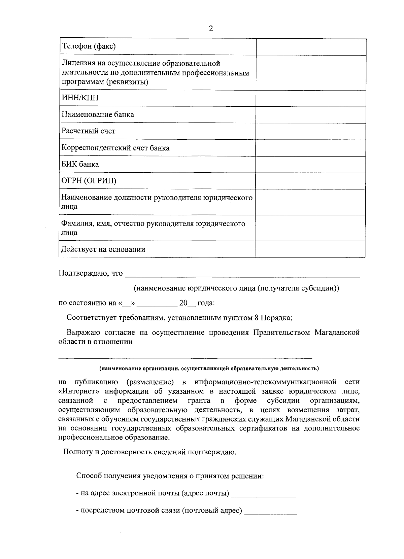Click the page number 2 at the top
coord(211,28)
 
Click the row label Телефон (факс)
coord(89,46)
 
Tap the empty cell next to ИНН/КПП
coord(310,98)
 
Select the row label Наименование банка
coord(98,114)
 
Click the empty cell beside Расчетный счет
coord(310,131)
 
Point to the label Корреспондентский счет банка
coord(115,148)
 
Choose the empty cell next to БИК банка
coord(310,164)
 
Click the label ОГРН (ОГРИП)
coord(89,181)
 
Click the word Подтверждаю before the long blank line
coord(83,273)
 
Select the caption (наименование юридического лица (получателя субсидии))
coord(236,288)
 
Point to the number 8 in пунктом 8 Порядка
coord(257,318)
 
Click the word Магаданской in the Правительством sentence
coord(337,333)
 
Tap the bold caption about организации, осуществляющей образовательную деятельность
coord(209,368)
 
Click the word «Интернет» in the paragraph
coord(79,391)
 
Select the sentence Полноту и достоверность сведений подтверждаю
coord(150,452)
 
